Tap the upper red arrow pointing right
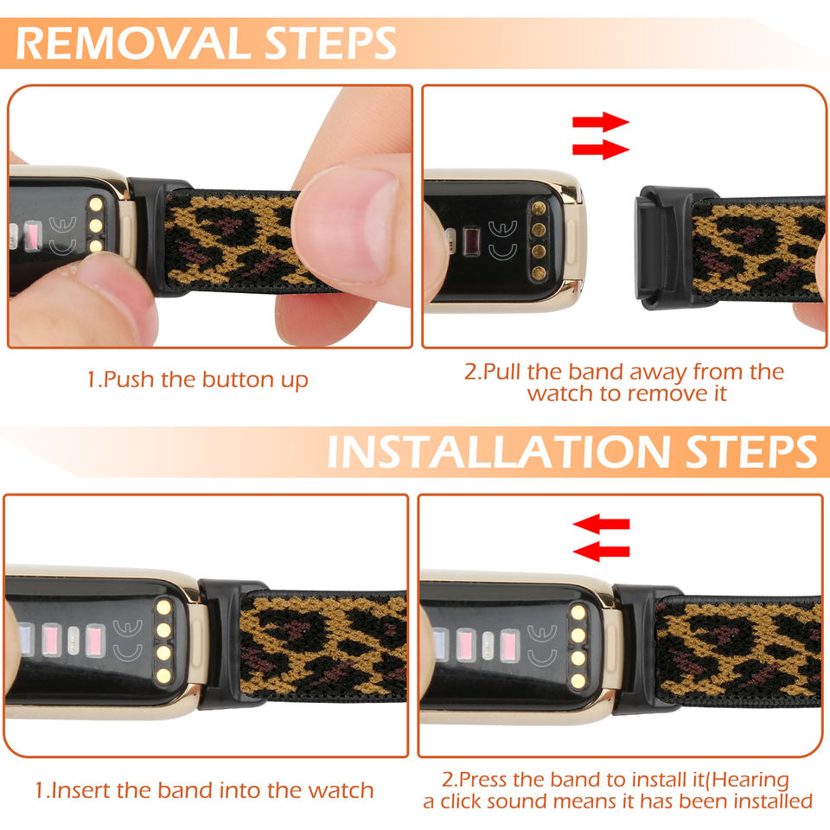pos(601,122)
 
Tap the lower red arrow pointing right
pos(601,150)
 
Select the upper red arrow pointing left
pos(602,524)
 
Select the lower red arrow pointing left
pos(602,552)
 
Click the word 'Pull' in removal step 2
pos(502,372)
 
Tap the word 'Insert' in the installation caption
pos(81,790)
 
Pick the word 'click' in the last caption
pos(463,801)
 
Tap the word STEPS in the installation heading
pos(751,451)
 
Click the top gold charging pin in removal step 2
pos(539,207)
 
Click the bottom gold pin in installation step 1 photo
pos(163,675)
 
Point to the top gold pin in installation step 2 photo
pos(578,612)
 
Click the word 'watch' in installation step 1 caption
pos(341,790)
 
